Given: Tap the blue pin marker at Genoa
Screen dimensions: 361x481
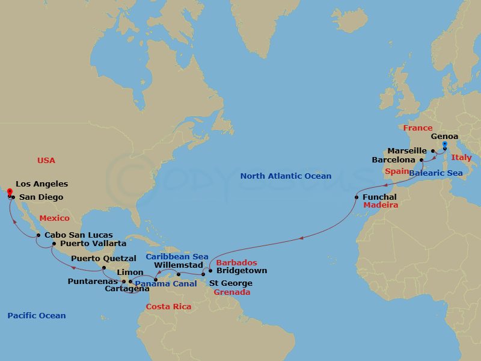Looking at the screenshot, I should pos(444,145).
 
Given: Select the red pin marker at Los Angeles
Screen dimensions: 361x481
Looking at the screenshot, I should pos(10,192).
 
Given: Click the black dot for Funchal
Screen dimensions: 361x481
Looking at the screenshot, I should pos(357,197).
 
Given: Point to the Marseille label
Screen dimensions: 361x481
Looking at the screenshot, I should pos(407,150).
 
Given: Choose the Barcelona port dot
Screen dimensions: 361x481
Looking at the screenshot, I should pos(421,161).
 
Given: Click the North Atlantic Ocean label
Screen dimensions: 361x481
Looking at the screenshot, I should pos(286,176).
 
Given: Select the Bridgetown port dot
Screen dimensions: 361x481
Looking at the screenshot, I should pos(210,271).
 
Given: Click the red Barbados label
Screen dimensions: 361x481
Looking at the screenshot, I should pos(236,263).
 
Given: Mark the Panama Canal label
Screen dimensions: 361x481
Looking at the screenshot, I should pos(165,284).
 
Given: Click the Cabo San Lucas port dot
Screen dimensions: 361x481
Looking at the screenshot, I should pos(38,235).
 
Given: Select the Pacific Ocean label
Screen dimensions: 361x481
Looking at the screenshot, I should pos(37,316).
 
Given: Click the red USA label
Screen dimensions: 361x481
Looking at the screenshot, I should pos(46,161).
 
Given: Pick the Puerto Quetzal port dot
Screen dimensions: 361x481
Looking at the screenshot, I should pos(104,268).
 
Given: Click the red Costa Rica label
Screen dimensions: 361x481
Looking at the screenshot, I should pos(168,307).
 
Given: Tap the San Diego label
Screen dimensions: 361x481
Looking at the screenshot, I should pos(41,197).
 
